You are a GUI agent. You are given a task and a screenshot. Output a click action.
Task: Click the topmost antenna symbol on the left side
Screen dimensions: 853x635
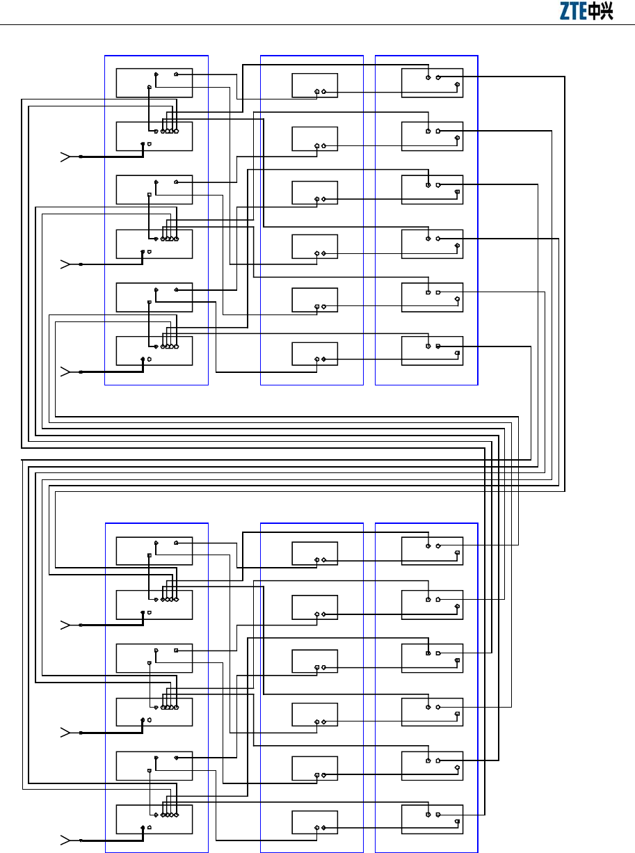point(65,157)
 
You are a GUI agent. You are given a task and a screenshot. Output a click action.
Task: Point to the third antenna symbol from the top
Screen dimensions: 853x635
point(65,372)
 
